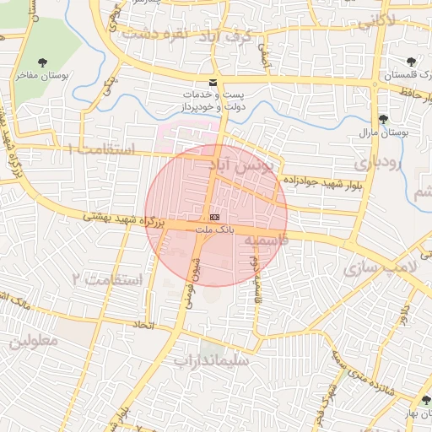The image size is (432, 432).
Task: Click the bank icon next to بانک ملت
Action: (213, 217)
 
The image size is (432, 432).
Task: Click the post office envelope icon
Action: (212, 82)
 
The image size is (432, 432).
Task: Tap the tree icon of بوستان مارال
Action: (384, 119)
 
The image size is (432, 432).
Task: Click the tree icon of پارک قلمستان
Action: (411, 62)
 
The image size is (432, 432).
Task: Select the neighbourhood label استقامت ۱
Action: (100, 149)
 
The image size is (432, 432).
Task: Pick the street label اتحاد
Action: (142, 325)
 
